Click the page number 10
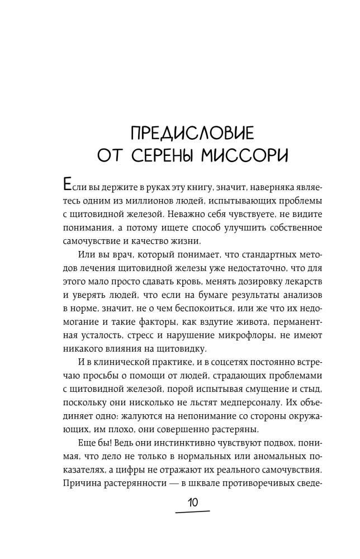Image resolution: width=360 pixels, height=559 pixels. pos(192,503)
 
